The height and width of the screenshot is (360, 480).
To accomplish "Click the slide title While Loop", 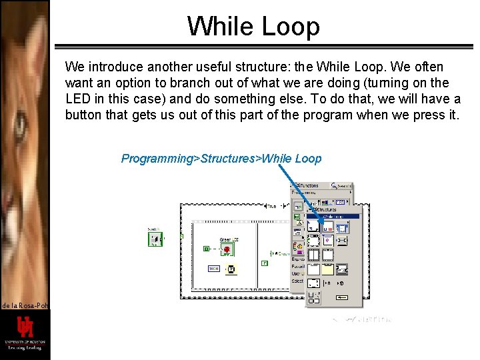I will click(x=253, y=26).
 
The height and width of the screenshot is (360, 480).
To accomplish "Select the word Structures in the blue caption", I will click(x=227, y=159).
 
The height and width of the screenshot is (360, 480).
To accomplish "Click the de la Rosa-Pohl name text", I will click(x=25, y=305).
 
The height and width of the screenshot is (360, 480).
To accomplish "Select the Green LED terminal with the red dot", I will click(x=227, y=249).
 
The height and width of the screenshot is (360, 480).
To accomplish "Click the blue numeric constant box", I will click(x=213, y=269).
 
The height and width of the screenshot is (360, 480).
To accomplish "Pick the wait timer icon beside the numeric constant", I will click(x=231, y=269).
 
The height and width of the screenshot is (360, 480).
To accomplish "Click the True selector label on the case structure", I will click(x=271, y=207).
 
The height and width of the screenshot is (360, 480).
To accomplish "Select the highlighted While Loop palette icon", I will click(x=327, y=227).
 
